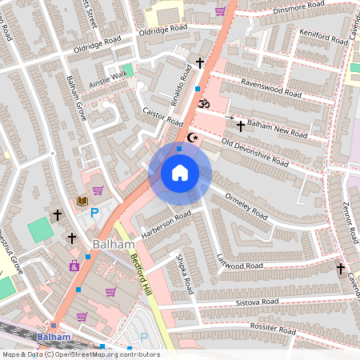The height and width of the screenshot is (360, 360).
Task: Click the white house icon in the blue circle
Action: point(180,172)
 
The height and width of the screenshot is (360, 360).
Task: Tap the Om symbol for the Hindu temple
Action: point(202,103)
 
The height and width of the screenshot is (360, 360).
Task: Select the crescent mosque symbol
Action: point(191,138)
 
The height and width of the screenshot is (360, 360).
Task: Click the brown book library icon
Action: point(82,200)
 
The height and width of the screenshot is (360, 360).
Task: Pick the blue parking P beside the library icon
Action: point(94,212)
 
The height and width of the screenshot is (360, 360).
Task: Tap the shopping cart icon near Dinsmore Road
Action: point(220,11)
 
